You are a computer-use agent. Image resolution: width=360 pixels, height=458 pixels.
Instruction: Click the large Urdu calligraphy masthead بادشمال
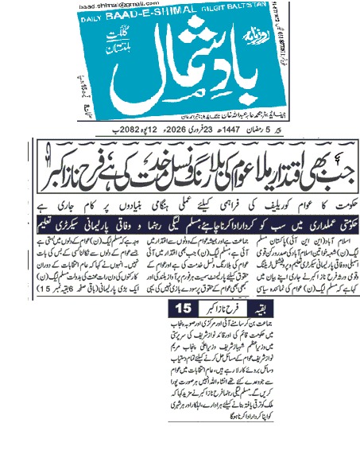tap(192, 67)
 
